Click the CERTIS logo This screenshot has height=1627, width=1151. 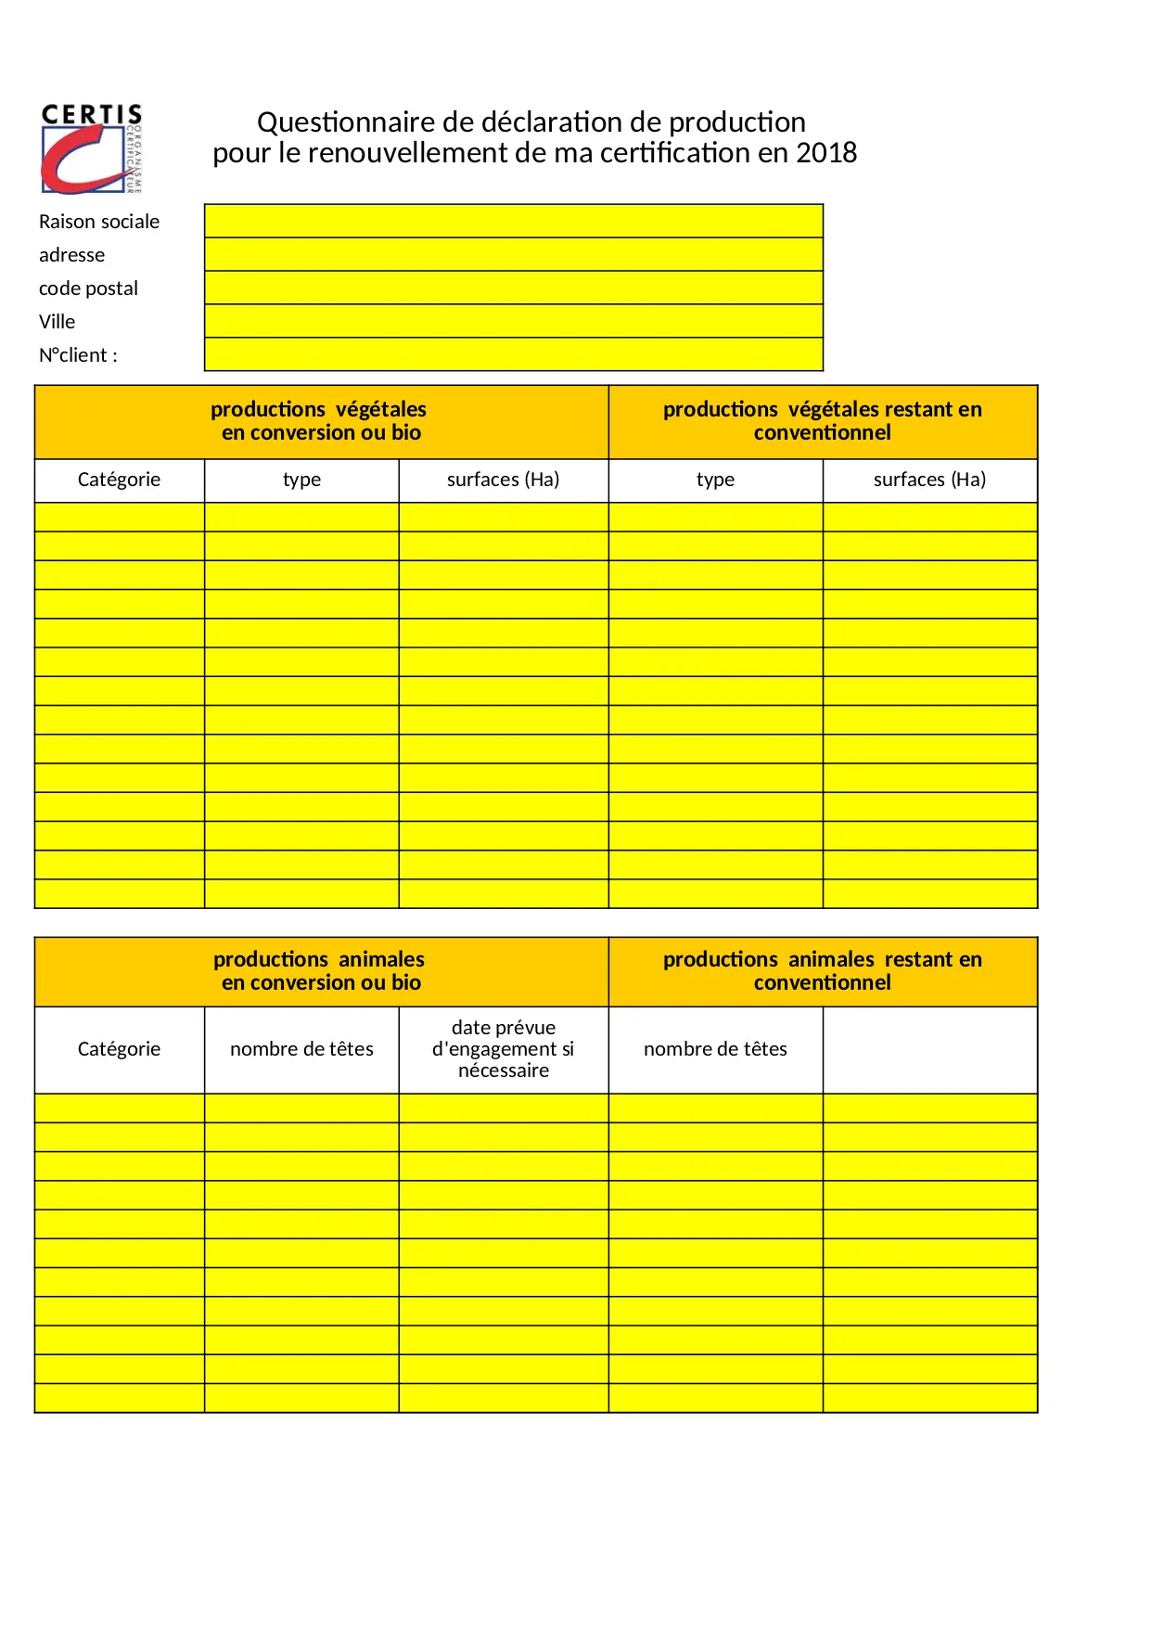[x=91, y=148]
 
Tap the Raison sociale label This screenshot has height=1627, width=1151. [x=99, y=222]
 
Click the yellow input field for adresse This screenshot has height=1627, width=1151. [x=513, y=254]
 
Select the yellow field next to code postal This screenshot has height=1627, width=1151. [x=513, y=288]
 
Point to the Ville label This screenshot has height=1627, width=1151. [x=58, y=322]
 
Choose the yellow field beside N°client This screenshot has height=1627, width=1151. [x=513, y=354]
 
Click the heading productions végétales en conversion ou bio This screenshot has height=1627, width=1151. [x=320, y=421]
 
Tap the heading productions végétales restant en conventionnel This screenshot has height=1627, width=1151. [x=822, y=421]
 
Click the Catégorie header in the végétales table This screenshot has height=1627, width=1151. [x=119, y=480]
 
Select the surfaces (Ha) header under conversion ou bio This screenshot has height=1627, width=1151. [x=503, y=480]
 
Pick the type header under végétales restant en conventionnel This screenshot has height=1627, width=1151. [x=715, y=480]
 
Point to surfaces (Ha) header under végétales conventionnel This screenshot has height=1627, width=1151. [x=929, y=480]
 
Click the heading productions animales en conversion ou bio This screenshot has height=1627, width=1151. [x=320, y=971]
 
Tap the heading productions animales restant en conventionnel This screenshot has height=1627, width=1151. [x=822, y=971]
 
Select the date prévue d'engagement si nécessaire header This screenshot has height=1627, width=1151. [x=503, y=1049]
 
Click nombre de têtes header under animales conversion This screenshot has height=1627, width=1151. [x=301, y=1049]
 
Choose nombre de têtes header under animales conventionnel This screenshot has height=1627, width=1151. [x=715, y=1049]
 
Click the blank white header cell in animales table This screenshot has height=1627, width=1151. [x=929, y=1049]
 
